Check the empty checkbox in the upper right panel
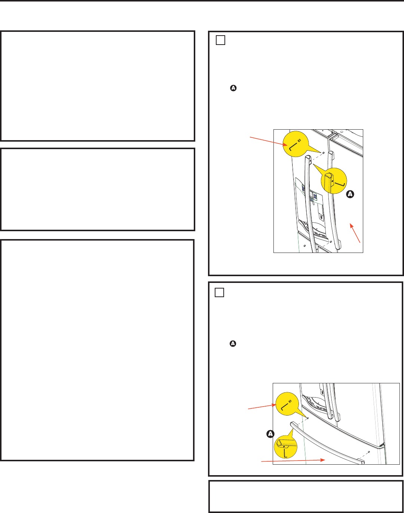(x=220, y=40)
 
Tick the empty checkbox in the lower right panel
(x=219, y=292)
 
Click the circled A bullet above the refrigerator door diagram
(x=233, y=88)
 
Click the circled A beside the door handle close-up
(x=350, y=194)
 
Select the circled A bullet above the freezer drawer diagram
(x=233, y=344)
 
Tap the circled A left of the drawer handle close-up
(x=270, y=434)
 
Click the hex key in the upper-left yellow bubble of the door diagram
(x=293, y=147)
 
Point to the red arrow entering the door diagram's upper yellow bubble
(x=269, y=141)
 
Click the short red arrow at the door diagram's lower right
(x=355, y=233)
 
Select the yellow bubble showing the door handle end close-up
(x=334, y=181)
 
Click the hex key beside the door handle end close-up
(x=340, y=184)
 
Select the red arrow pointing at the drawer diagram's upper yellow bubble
(x=262, y=407)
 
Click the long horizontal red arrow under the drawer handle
(x=293, y=461)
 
